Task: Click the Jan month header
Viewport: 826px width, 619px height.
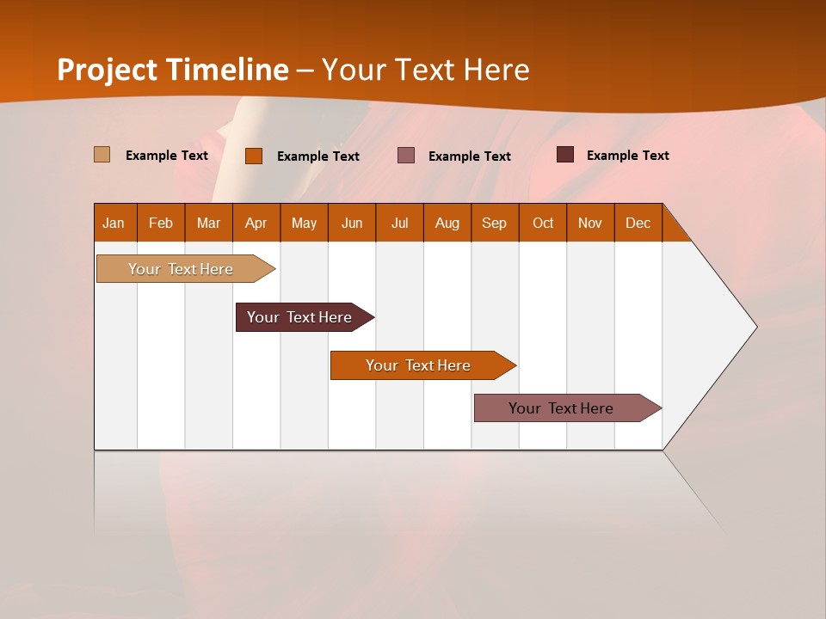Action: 114,223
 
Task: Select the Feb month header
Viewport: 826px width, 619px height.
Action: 161,223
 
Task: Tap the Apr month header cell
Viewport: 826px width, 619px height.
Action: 256,223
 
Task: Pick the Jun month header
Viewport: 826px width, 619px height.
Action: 352,223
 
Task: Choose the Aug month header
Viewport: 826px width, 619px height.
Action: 447,223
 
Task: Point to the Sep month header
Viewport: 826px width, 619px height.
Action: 494,223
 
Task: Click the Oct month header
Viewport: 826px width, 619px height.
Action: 543,223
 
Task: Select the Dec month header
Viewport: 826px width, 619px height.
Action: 638,223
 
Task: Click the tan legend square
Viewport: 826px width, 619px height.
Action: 102,155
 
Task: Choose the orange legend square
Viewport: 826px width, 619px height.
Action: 253,156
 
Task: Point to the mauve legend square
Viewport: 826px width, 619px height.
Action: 406,155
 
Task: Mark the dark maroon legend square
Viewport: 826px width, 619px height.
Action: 564,155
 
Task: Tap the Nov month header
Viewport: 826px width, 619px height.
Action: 589,223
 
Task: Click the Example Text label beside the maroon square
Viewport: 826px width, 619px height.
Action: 627,155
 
